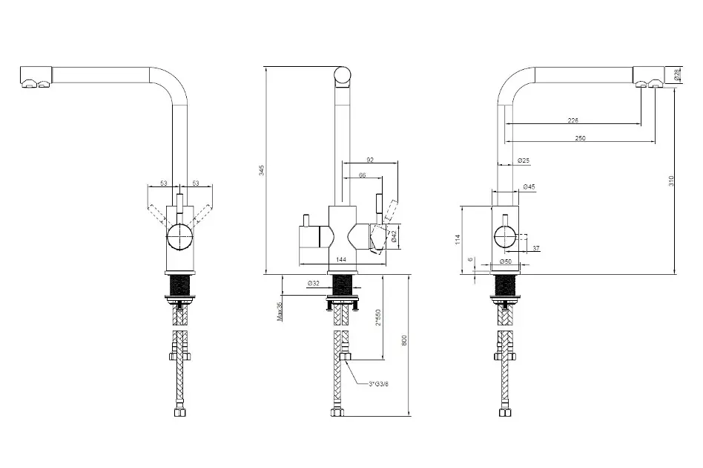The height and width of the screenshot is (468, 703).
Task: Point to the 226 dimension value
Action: tap(572, 120)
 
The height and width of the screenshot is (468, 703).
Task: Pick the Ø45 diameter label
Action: tap(529, 187)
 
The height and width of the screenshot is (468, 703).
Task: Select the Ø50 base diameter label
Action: tap(507, 261)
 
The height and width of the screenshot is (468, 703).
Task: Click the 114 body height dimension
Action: tap(458, 239)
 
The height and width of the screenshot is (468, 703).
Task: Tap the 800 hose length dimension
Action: tap(404, 341)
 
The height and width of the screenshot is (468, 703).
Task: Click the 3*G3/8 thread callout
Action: tap(379, 383)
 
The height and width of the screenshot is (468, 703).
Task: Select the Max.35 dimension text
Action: tap(280, 311)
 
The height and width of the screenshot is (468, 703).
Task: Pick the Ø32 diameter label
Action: tap(313, 283)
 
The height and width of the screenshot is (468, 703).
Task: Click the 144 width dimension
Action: tap(341, 259)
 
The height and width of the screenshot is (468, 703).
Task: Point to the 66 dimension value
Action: tap(362, 175)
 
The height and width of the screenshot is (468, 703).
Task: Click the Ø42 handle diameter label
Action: tap(395, 236)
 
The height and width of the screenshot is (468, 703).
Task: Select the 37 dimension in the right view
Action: tap(535, 248)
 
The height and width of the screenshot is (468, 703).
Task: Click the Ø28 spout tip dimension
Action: tap(677, 75)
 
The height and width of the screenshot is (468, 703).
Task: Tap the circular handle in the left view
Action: tap(179, 238)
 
